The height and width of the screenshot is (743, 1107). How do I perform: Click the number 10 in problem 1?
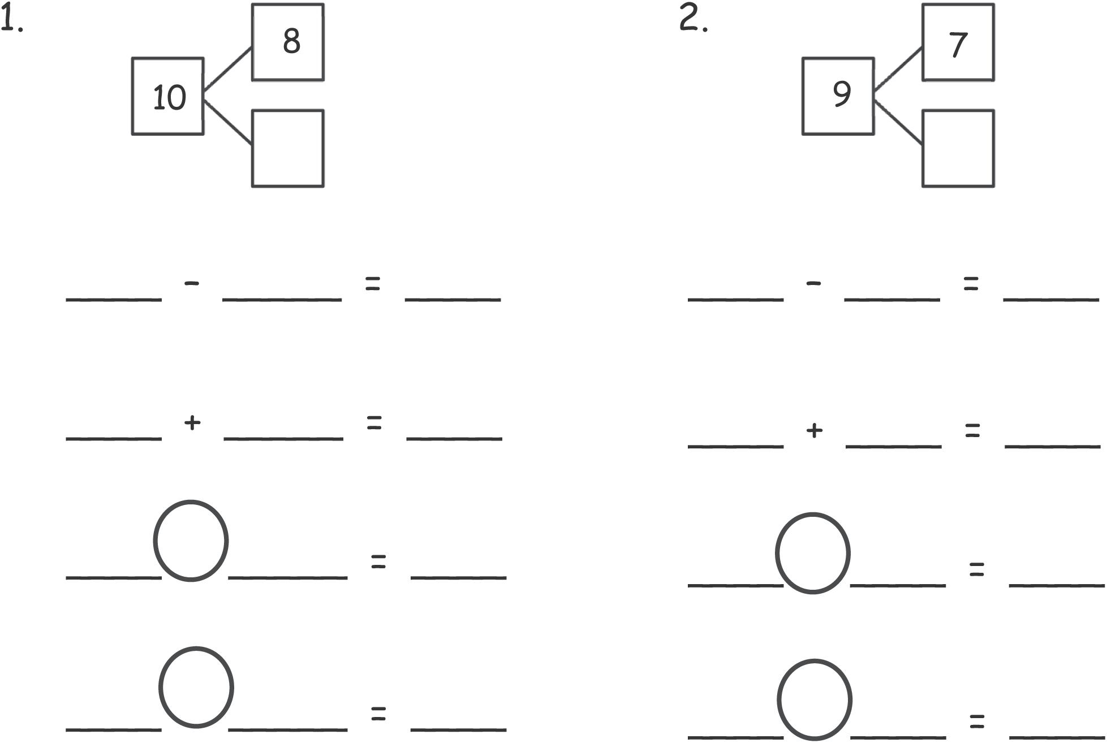coord(169,97)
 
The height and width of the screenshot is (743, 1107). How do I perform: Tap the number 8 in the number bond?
coord(291,41)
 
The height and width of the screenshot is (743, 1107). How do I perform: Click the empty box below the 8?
coord(287,149)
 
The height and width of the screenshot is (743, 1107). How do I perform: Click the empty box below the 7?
coord(958,149)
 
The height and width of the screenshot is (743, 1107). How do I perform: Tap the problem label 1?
coord(11,21)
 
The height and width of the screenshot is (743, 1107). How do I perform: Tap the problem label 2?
coord(693,20)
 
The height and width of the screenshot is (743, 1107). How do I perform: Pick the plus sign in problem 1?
coord(192,422)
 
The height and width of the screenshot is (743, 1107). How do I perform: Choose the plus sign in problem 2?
coord(813,431)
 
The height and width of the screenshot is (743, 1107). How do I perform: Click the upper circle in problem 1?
coord(191,541)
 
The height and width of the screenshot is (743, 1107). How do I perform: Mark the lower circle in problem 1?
coord(196,687)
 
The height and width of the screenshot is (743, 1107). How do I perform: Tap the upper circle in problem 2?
coord(812,553)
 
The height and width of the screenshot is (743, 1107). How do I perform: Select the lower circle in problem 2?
coord(814,699)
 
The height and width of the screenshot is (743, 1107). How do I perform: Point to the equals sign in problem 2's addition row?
coord(972,431)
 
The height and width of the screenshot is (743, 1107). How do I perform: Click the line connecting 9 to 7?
coord(898,70)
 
